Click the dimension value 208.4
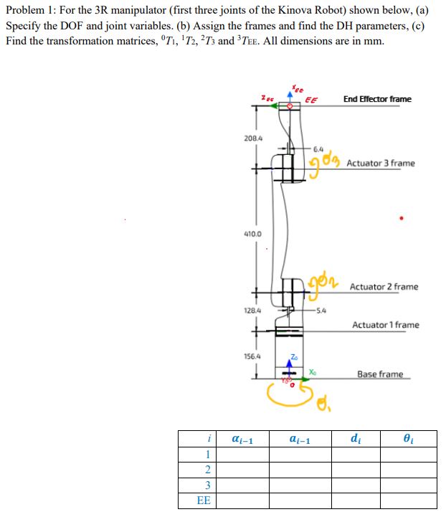[253, 136]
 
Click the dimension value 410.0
[253, 234]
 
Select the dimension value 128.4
[253, 310]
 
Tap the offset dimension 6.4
[318, 148]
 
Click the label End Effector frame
[377, 99]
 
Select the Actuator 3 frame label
[380, 163]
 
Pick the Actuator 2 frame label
[384, 287]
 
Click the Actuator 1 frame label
[385, 325]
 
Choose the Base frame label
[380, 374]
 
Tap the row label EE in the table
[204, 501]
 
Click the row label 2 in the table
[207, 470]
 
